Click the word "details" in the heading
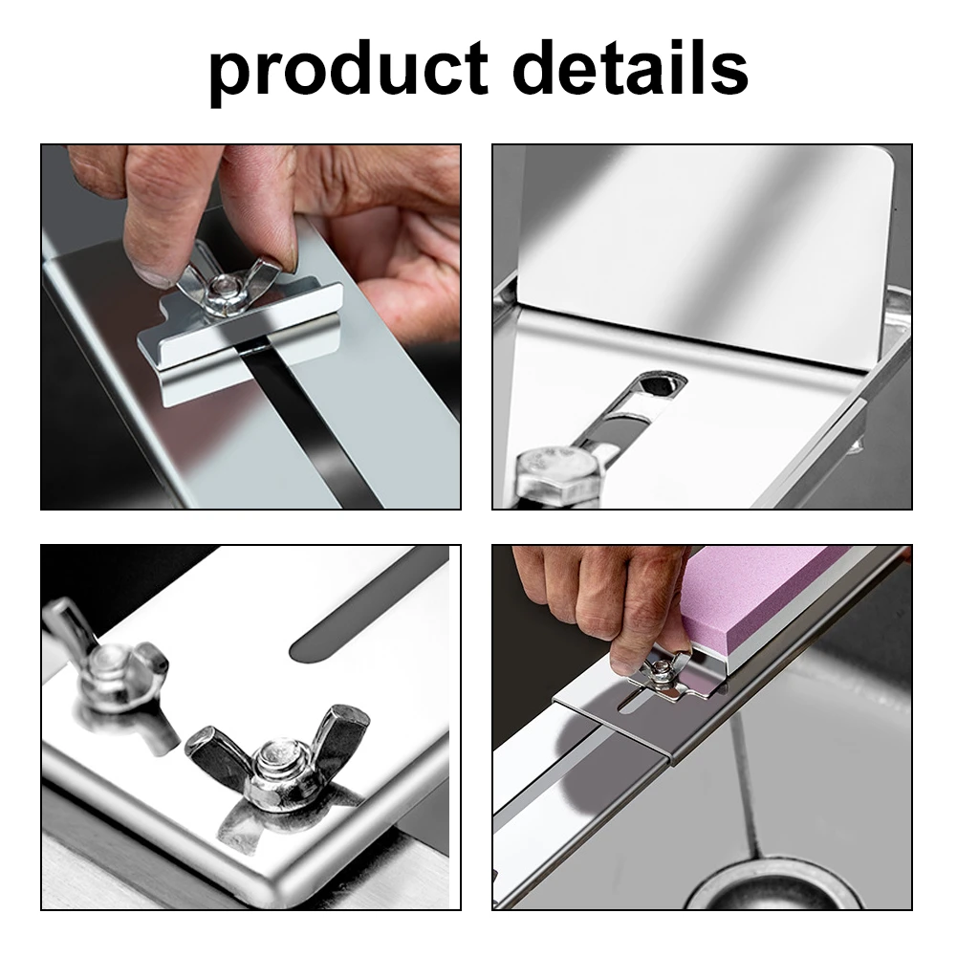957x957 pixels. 630,66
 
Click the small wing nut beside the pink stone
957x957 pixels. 663,674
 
